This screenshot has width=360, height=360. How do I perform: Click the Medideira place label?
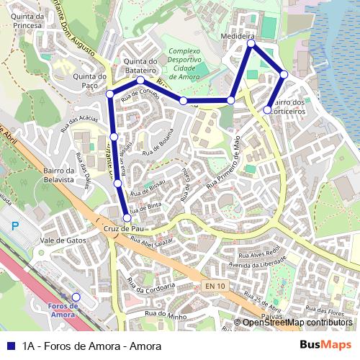[238, 35]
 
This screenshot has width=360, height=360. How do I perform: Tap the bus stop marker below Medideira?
[251, 44]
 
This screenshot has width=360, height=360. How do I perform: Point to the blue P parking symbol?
[15, 226]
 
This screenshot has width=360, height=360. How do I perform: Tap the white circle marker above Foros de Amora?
[76, 297]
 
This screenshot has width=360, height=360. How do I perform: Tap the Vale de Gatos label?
[63, 240]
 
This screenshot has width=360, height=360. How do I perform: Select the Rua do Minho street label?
[166, 314]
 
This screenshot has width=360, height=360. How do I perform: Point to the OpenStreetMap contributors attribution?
[297, 322]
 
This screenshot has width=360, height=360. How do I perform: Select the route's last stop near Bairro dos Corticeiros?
[267, 110]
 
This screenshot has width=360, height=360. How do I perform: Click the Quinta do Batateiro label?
[140, 66]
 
